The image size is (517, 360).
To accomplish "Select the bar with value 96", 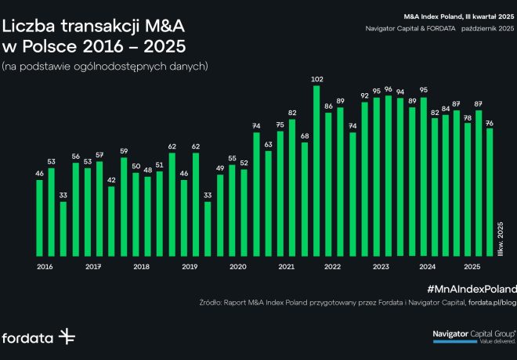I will [389, 176].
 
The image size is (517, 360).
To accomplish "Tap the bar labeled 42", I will [111, 221].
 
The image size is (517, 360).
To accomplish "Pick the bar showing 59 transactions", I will [124, 207].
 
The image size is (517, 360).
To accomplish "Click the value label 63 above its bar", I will [268, 145].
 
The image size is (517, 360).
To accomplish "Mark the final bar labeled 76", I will [490, 192].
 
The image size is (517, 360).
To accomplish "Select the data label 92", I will [364, 95].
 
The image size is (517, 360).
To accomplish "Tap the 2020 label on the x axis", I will [238, 267].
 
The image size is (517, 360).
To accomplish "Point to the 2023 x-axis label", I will [381, 267].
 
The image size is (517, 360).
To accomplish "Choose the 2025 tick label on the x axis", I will [472, 267].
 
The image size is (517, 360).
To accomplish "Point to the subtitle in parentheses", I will [105, 67].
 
